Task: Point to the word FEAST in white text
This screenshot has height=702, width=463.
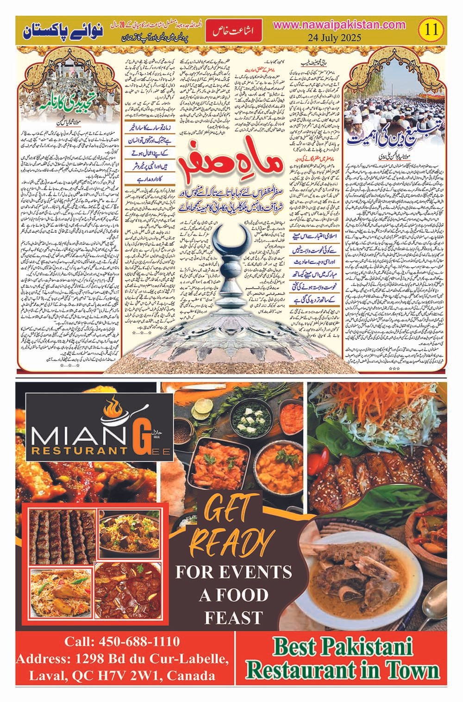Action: [233, 618]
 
